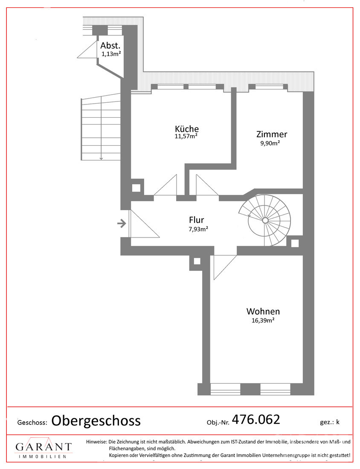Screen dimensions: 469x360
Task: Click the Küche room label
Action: coord(186,129)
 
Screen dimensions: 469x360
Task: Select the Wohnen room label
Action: coord(263,311)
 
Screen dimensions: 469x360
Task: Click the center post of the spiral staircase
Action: coord(265,220)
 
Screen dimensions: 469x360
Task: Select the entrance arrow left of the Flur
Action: coord(122,223)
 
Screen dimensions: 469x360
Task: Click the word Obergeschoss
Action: coord(96,421)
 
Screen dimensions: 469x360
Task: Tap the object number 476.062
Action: coord(255,420)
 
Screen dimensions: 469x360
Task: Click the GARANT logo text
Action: coord(44,447)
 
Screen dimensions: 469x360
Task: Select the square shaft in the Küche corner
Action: coord(136,188)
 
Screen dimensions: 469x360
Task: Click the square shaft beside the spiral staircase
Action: coord(295,243)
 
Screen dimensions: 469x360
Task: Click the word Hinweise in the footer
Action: coord(96,442)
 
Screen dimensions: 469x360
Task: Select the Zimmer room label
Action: coord(272,134)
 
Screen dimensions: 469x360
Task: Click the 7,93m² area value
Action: coord(199,229)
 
